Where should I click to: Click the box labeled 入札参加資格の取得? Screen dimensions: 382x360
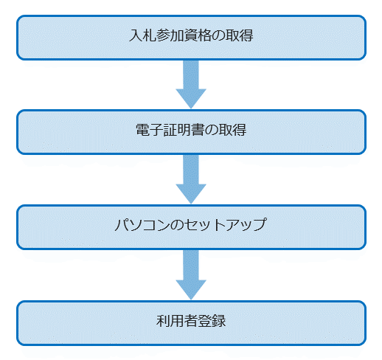pyautogui.click(x=191, y=38)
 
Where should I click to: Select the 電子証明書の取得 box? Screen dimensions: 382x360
pyautogui.click(x=191, y=132)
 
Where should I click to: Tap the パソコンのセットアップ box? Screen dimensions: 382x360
pyautogui.click(x=191, y=227)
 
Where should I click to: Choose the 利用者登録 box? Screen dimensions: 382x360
pyautogui.click(x=191, y=323)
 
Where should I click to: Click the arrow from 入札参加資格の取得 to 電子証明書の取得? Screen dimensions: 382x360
pyautogui.click(x=191, y=84)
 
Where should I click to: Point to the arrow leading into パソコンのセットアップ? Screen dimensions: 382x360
pyautogui.click(x=191, y=179)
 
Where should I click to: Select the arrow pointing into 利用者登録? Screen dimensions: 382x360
pyautogui.click(x=191, y=274)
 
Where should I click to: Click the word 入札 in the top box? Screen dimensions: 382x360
pyautogui.click(x=143, y=35)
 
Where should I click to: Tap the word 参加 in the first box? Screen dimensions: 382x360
pyautogui.click(x=170, y=35)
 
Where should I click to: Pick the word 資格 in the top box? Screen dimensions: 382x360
pyautogui.click(x=198, y=35)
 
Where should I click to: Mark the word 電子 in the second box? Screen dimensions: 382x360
pyautogui.click(x=150, y=130)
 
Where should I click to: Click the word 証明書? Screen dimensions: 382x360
pyautogui.click(x=184, y=130)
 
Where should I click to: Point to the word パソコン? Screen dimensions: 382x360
pyautogui.click(x=142, y=225)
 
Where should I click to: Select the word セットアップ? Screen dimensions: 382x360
pyautogui.click(x=226, y=225)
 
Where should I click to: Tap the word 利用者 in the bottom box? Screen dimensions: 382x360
pyautogui.click(x=177, y=321)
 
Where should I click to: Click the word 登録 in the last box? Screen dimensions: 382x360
pyautogui.click(x=212, y=321)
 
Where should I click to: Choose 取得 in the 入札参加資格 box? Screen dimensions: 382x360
pyautogui.click(x=240, y=35)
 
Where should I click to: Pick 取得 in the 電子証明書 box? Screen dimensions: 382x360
pyautogui.click(x=232, y=130)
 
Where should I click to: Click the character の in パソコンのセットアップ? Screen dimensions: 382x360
pyautogui.click(x=177, y=225)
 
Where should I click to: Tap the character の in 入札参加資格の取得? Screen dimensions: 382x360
pyautogui.click(x=218, y=35)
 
